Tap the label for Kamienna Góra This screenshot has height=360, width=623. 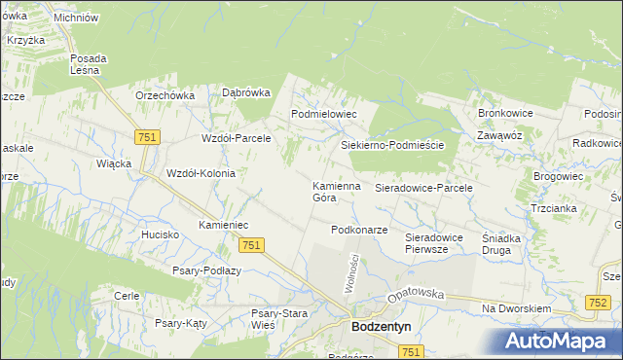tap(337, 191)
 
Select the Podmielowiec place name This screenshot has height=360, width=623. tap(325, 114)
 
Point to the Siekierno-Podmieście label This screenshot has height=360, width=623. tap(392, 145)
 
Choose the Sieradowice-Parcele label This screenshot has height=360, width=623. tap(423, 187)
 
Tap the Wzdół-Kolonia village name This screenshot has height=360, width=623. tap(202, 172)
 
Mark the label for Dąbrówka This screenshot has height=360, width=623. tap(245, 93)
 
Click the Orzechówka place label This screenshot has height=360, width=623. tap(165, 95)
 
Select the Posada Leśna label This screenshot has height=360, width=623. tap(89, 64)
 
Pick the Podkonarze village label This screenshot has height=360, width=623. tap(359, 231)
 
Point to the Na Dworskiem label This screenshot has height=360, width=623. tap(517, 308)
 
